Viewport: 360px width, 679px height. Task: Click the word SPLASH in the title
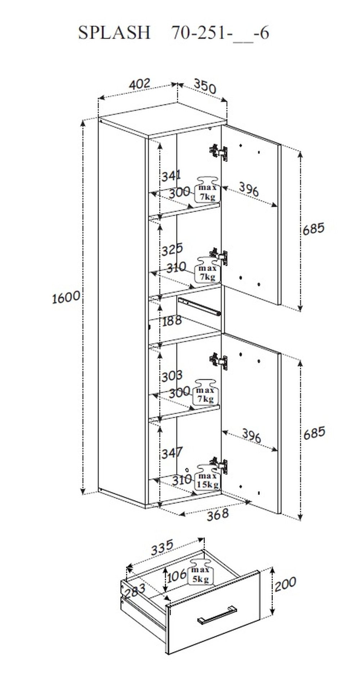point(114,33)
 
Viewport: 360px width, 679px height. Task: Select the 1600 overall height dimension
point(66,297)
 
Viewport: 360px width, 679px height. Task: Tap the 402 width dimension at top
point(140,84)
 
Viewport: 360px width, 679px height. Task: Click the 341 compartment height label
point(171,176)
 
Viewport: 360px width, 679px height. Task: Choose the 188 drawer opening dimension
point(172,321)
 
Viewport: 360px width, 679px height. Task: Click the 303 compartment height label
point(172,376)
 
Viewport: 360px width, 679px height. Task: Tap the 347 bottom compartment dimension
point(172,453)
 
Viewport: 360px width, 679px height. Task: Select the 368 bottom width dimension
point(217,513)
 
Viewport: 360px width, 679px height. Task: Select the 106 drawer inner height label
point(176,575)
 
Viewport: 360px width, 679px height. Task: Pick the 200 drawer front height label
point(285,584)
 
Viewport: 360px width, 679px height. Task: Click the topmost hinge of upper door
point(219,151)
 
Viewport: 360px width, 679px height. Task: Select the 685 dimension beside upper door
point(313,228)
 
